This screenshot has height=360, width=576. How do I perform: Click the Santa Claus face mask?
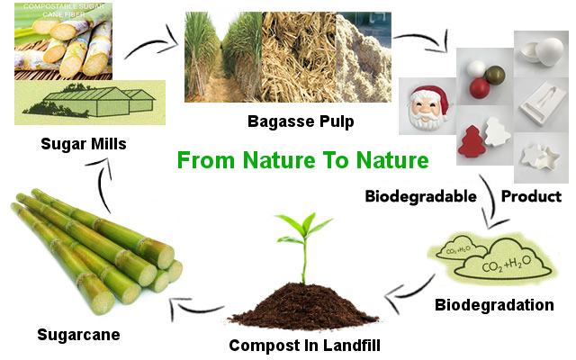pos(429,109)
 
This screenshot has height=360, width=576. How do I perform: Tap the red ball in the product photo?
pos(480,88)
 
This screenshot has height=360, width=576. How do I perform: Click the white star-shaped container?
pos(540,158)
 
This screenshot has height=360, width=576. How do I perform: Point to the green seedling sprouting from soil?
pos(304,246)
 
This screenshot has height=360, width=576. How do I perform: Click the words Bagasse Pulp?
pos(301,121)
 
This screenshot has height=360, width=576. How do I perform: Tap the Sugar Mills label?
pos(84,144)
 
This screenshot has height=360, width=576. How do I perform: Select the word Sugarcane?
pos(78,335)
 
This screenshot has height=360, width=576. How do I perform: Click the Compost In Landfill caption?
pos(304,346)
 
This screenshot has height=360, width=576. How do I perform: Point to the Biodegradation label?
pos(494,305)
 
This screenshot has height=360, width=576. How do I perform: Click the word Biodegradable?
pos(421,196)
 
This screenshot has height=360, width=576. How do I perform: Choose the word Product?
pos(532,196)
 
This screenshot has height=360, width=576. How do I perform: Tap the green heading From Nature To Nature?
pos(303,160)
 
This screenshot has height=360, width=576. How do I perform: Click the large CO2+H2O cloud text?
pos(506,264)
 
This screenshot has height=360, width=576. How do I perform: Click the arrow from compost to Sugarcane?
pos(194,307)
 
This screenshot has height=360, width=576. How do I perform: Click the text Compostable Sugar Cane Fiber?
pos(64,11)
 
